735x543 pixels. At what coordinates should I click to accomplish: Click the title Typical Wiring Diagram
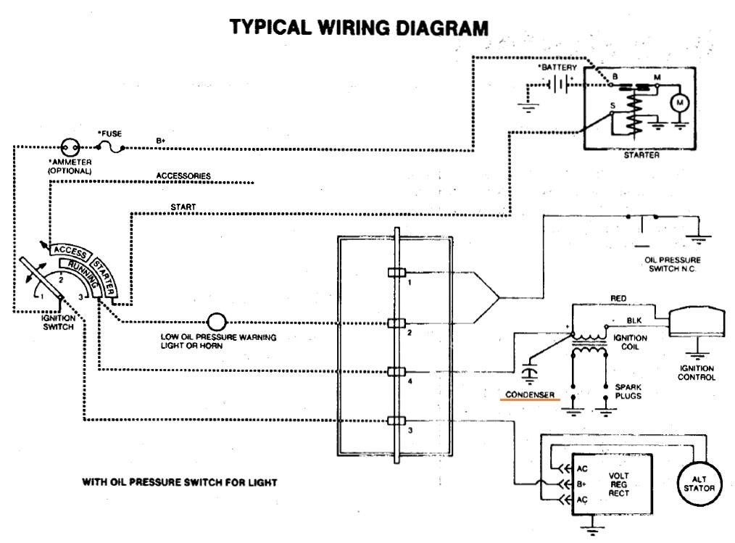click(x=359, y=28)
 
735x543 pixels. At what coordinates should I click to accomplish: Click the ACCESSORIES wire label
click(x=183, y=176)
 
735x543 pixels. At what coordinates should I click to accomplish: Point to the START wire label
click(x=183, y=207)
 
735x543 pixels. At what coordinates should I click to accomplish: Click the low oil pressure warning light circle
click(x=216, y=322)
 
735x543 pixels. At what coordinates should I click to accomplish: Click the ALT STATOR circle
click(x=699, y=483)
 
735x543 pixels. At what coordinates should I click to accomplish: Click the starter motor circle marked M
click(x=679, y=104)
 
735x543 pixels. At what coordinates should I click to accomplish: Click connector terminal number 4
click(x=395, y=371)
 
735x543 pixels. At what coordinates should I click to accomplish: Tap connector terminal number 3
click(x=395, y=421)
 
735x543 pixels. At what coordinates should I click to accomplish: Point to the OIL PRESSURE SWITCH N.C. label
click(x=672, y=265)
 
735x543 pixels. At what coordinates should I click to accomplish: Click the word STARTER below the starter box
click(x=641, y=154)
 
